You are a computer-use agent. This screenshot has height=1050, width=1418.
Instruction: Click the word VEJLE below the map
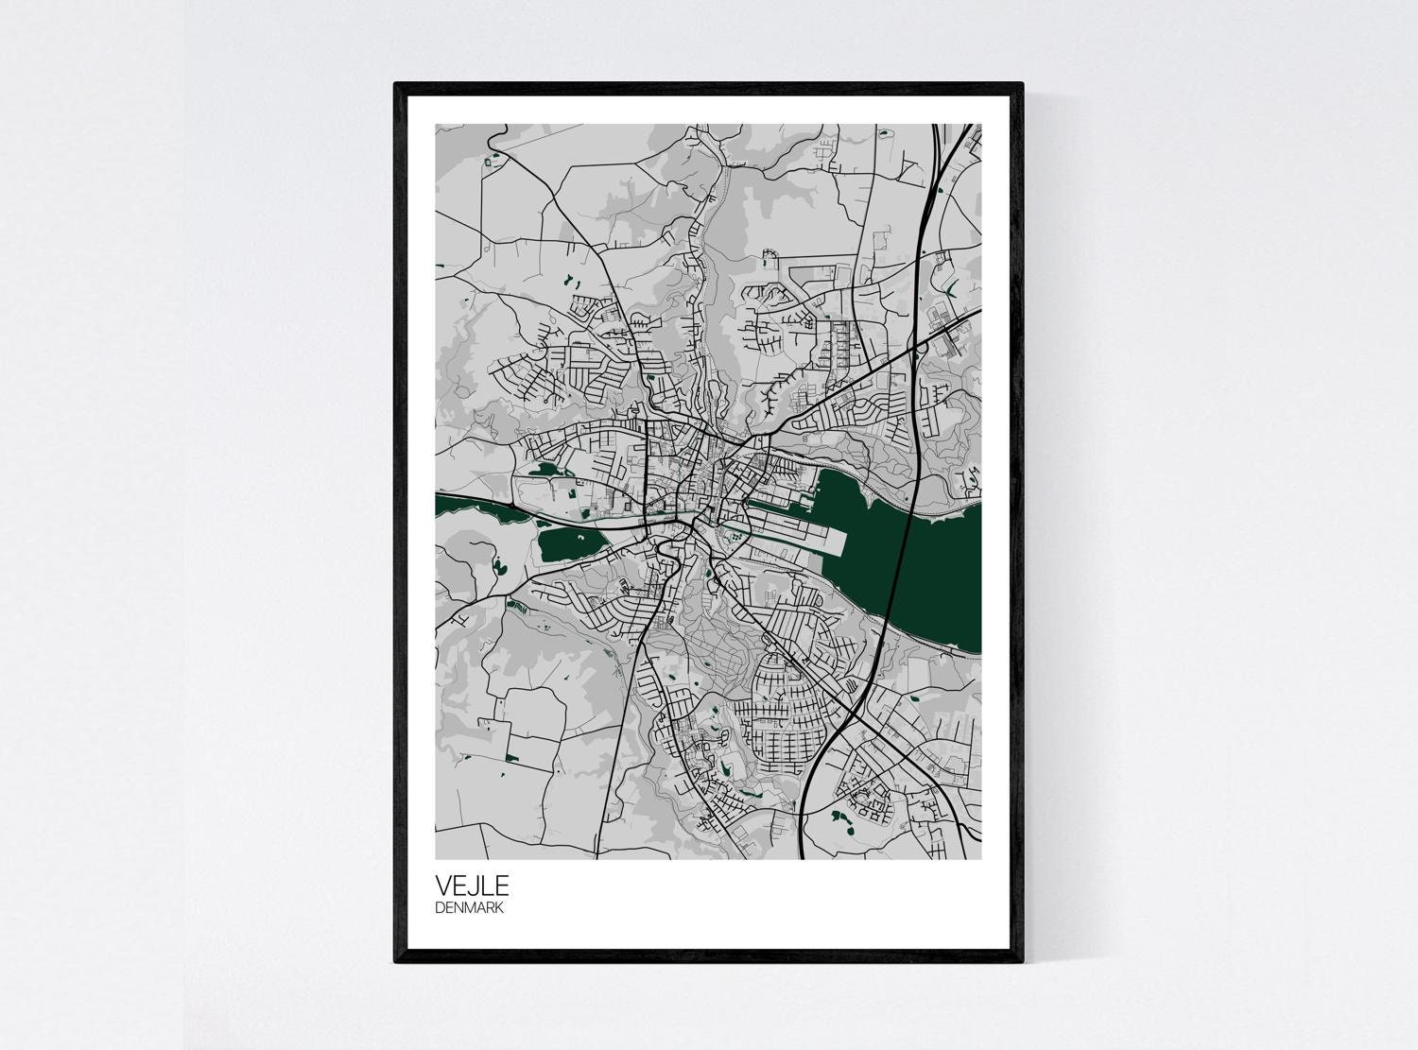coord(472,886)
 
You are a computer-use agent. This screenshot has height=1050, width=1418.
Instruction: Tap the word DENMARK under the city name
coord(469,908)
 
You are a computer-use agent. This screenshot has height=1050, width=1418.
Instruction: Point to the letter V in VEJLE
coord(442,886)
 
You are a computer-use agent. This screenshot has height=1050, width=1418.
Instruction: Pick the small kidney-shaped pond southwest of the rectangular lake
coord(499,568)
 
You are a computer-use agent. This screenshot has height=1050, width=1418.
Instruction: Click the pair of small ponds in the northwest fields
coord(572,281)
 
